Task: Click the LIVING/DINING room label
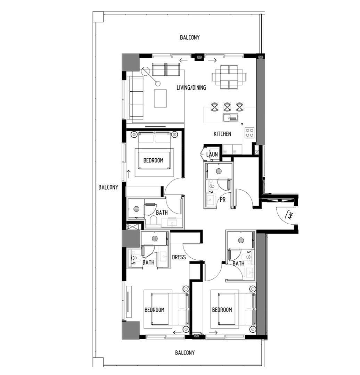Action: coord(191,88)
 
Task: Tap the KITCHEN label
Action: coord(222,134)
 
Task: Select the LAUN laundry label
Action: coord(212,155)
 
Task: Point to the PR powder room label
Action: coord(222,199)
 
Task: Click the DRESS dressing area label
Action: coord(179,257)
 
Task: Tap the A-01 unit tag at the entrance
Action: coord(290,216)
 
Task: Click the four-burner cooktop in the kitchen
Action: coord(249,133)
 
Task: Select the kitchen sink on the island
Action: coord(230,117)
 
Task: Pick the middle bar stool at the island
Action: coord(227,107)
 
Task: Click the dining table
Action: coord(229,77)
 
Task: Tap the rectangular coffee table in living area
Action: coord(161,98)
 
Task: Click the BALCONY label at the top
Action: coord(190,37)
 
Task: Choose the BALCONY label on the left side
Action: coord(108,187)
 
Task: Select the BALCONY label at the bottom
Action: coord(185,353)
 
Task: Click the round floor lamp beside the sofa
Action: coord(145,71)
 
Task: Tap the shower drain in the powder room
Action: coord(219,171)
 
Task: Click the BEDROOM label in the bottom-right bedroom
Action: coord(222,310)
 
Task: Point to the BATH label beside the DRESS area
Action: coord(148,262)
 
